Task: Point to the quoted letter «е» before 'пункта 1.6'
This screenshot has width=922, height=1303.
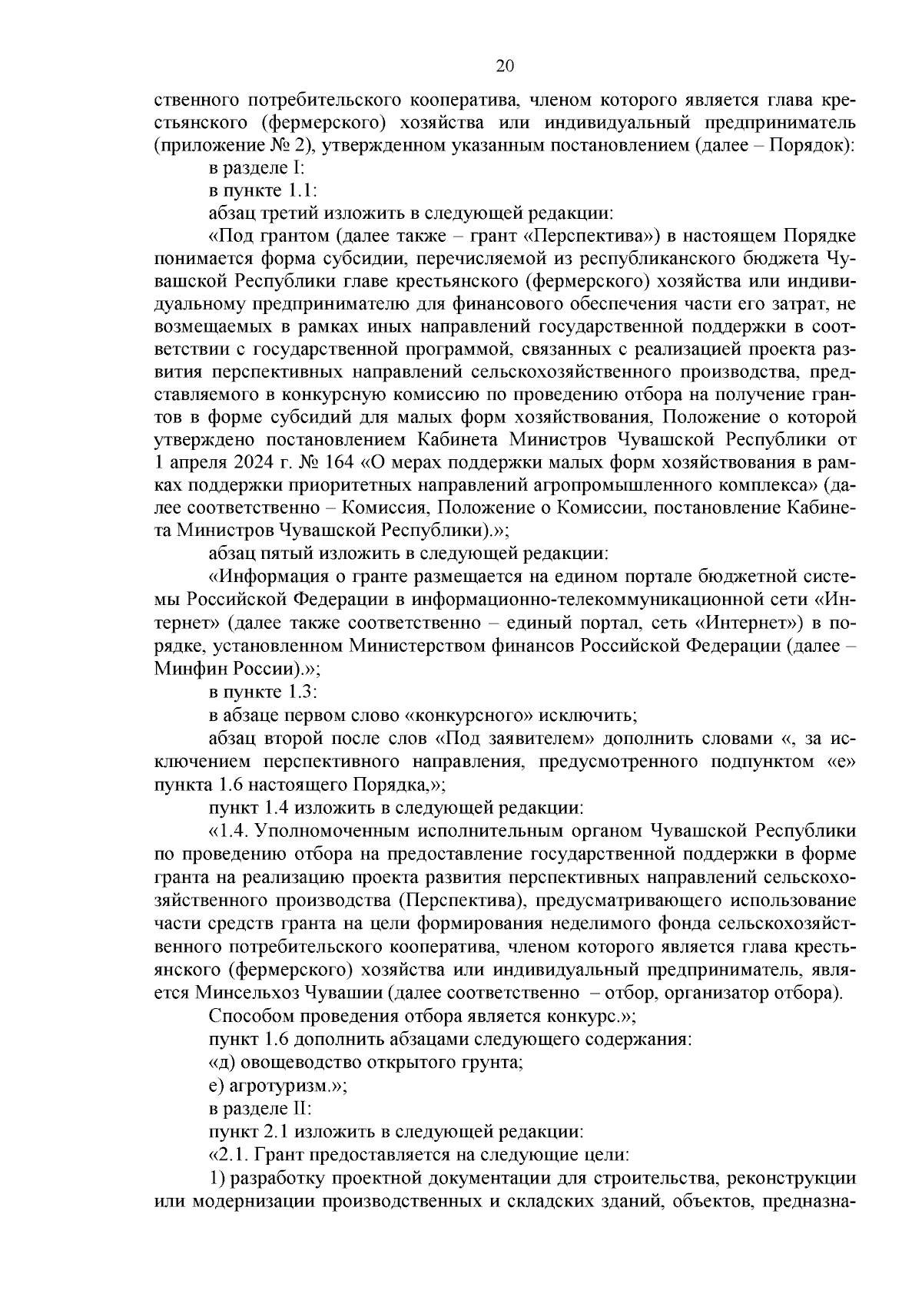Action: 841,762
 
